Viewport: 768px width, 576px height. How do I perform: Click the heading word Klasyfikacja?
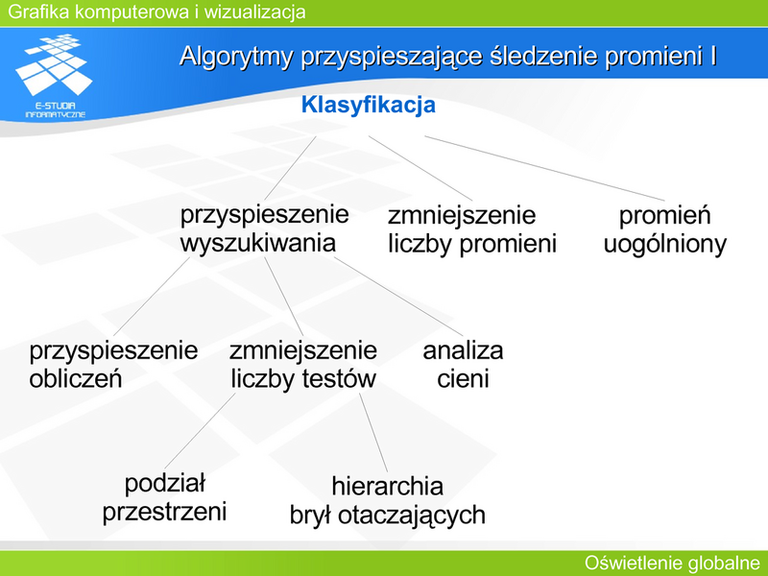pyautogui.click(x=369, y=106)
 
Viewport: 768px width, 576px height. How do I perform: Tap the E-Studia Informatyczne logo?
pyautogui.click(x=55, y=76)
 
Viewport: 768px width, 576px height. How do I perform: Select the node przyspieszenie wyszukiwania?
pyautogui.click(x=265, y=228)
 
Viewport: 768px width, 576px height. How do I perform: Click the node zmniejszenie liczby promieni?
pyautogui.click(x=472, y=229)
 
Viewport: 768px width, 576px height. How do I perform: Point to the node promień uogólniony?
pyautogui.click(x=664, y=229)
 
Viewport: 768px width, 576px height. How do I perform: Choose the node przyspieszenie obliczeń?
pyautogui.click(x=113, y=365)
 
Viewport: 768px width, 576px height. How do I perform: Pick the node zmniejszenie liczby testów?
pyautogui.click(x=303, y=365)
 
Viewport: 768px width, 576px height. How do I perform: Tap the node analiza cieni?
pyautogui.click(x=463, y=365)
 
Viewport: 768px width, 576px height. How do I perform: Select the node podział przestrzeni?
pyautogui.click(x=164, y=497)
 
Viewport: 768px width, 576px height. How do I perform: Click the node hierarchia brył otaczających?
pyautogui.click(x=388, y=500)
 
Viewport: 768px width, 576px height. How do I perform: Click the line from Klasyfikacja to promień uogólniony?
pyautogui.click(x=544, y=169)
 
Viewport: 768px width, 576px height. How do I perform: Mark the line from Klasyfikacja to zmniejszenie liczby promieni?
pyautogui.click(x=420, y=169)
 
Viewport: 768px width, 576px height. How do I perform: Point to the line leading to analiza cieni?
pyautogui.click(x=398, y=298)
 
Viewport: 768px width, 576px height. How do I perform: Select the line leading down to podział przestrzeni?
pyautogui.click(x=200, y=431)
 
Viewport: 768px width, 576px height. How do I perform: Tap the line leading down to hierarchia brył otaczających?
pyautogui.click(x=373, y=433)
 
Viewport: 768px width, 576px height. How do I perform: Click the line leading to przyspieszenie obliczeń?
pyautogui.click(x=152, y=297)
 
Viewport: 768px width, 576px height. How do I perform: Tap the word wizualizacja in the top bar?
pyautogui.click(x=254, y=12)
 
